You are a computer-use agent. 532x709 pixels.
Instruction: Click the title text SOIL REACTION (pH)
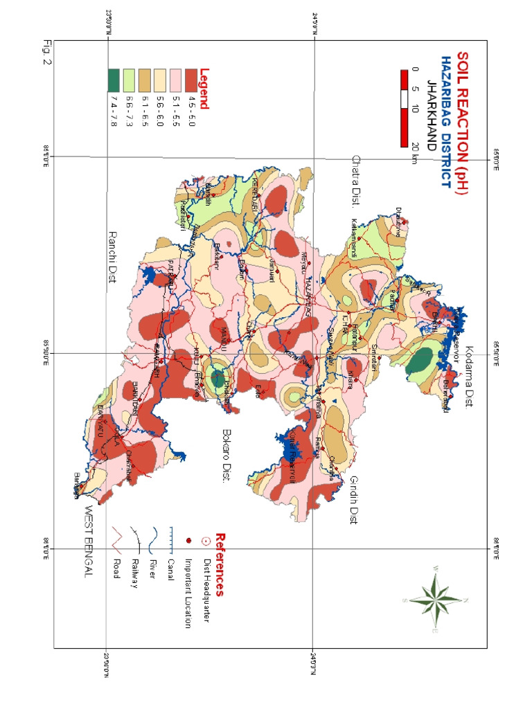point(463,122)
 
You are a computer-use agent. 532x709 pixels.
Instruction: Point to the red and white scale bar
point(405,108)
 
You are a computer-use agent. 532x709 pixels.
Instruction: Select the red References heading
point(220,564)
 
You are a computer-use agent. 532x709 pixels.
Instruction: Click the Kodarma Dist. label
point(469,377)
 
